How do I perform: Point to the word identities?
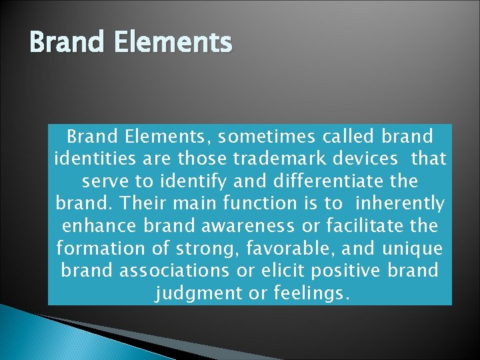pyautogui.click(x=98, y=160)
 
